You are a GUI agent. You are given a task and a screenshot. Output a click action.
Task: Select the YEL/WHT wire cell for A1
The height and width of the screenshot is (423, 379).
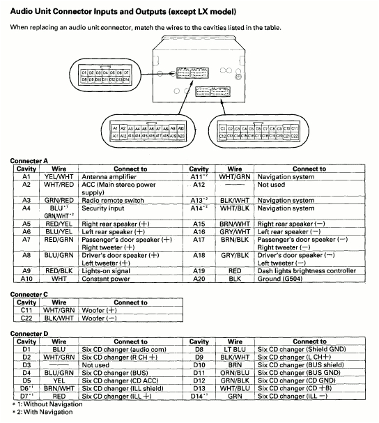(59, 177)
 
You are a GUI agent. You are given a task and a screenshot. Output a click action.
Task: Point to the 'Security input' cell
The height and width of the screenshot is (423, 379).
(103, 208)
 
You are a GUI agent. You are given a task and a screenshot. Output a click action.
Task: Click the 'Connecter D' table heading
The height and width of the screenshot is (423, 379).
(29, 334)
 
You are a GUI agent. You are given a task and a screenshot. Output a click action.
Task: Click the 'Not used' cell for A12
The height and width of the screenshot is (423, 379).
(272, 185)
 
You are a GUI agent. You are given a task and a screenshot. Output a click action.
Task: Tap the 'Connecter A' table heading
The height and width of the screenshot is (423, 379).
(29, 161)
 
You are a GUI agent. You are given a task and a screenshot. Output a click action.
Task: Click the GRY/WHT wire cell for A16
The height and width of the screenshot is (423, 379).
(234, 231)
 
